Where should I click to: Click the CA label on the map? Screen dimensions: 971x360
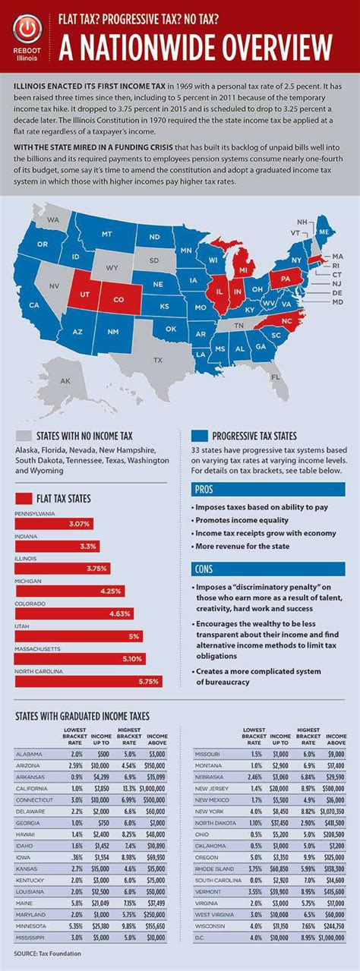click(x=34, y=304)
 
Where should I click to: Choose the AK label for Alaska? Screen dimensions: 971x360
click(x=65, y=380)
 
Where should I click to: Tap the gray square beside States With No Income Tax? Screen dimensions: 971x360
click(x=24, y=436)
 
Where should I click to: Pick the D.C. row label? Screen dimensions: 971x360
click(x=202, y=937)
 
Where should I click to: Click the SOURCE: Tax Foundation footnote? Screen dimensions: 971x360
click(x=46, y=952)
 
